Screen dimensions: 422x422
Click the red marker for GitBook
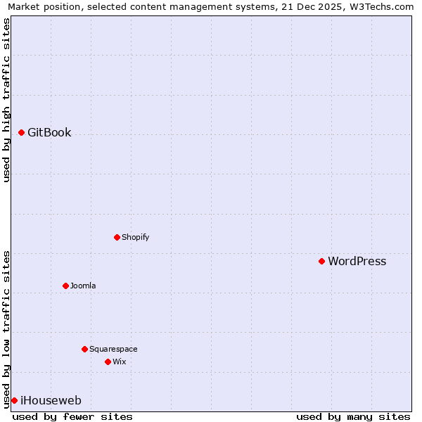click(22, 132)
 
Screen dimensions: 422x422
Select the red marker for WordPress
click(321, 261)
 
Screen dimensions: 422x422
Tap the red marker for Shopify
click(117, 237)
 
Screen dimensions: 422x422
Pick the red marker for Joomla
click(65, 286)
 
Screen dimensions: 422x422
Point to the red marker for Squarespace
click(84, 349)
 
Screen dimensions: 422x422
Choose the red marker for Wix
click(108, 362)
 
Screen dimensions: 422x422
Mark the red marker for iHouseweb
click(14, 400)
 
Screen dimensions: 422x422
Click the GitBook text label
click(49, 133)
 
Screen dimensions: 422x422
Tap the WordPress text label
click(357, 262)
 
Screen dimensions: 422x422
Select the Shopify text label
click(135, 238)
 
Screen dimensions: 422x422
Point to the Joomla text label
click(83, 286)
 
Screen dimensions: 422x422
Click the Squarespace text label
click(113, 350)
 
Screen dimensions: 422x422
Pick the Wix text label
click(119, 362)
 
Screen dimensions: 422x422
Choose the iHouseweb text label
click(51, 401)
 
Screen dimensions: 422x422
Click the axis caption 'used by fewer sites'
click(72, 416)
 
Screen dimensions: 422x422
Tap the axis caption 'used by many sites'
click(353, 416)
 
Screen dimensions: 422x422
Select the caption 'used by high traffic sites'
click(6, 100)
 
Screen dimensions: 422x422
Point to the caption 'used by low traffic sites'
click(6, 328)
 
